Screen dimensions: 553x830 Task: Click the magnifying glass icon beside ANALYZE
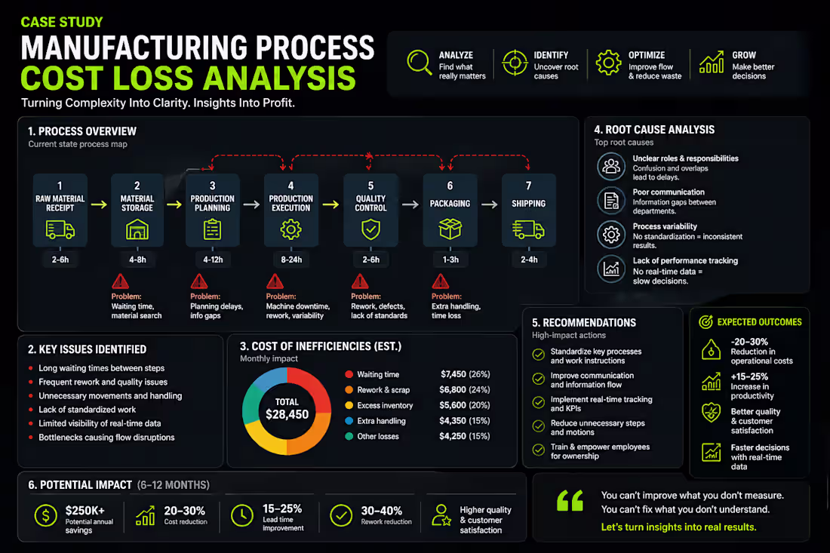pos(419,62)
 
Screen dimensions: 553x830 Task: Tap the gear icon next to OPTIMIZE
pos(608,62)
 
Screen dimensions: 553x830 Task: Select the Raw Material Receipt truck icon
pos(60,229)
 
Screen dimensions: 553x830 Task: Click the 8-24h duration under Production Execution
pos(291,260)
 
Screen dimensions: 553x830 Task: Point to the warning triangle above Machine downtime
pos(275,282)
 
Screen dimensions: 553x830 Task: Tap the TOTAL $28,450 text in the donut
pos(287,408)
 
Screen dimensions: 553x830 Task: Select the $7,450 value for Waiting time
pos(454,374)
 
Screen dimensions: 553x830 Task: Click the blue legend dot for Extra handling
pos(349,421)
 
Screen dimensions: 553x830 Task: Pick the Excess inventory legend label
pos(385,405)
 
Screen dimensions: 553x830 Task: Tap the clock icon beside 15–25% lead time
pos(241,515)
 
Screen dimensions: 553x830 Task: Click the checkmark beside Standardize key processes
pos(538,355)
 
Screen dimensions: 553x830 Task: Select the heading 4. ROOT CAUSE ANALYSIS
pos(654,130)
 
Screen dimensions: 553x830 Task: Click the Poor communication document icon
pos(610,201)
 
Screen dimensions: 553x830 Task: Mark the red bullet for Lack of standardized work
pos(31,410)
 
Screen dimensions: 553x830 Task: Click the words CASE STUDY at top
pos(62,23)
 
